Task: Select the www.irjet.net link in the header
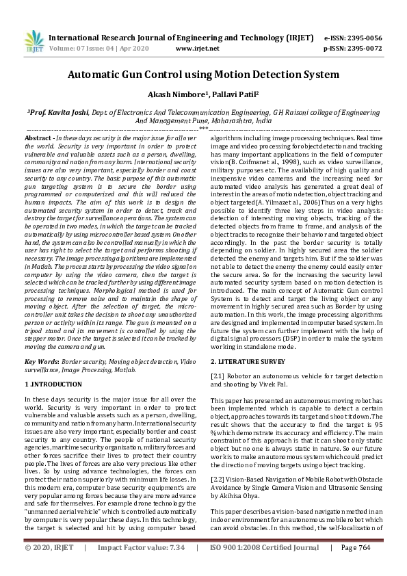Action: (x=198, y=49)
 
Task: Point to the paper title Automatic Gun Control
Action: (x=202, y=74)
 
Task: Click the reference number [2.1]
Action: (x=218, y=376)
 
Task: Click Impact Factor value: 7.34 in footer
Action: (x=141, y=568)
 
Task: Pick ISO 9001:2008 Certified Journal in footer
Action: (x=265, y=568)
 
